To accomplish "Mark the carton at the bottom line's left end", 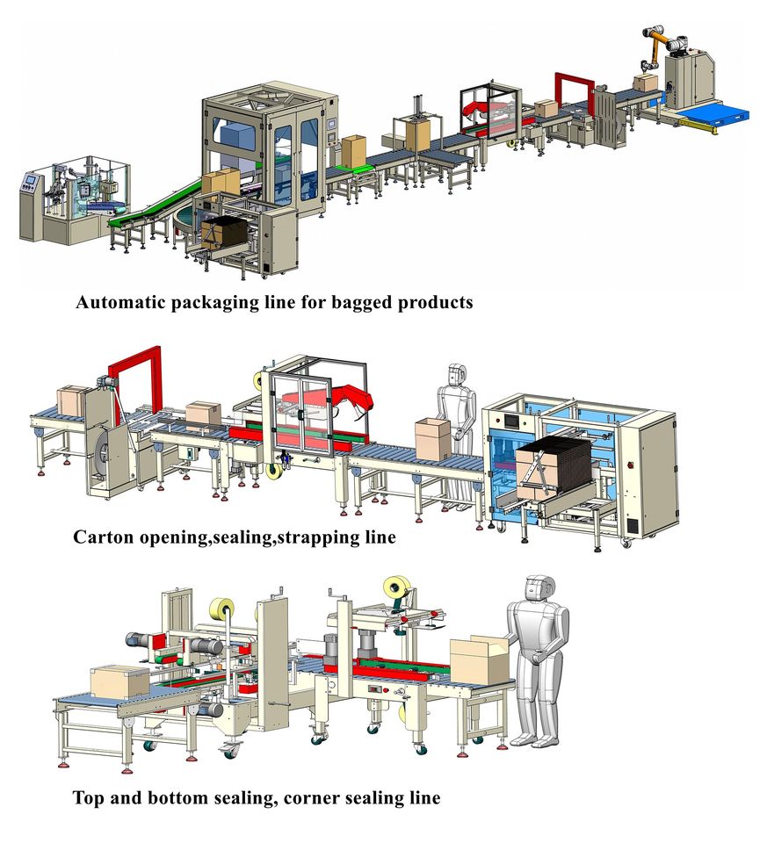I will coord(120,681).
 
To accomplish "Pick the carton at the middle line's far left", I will coord(70,400).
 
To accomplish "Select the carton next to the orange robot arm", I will coord(645,83).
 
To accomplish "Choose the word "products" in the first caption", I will coord(436,303).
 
